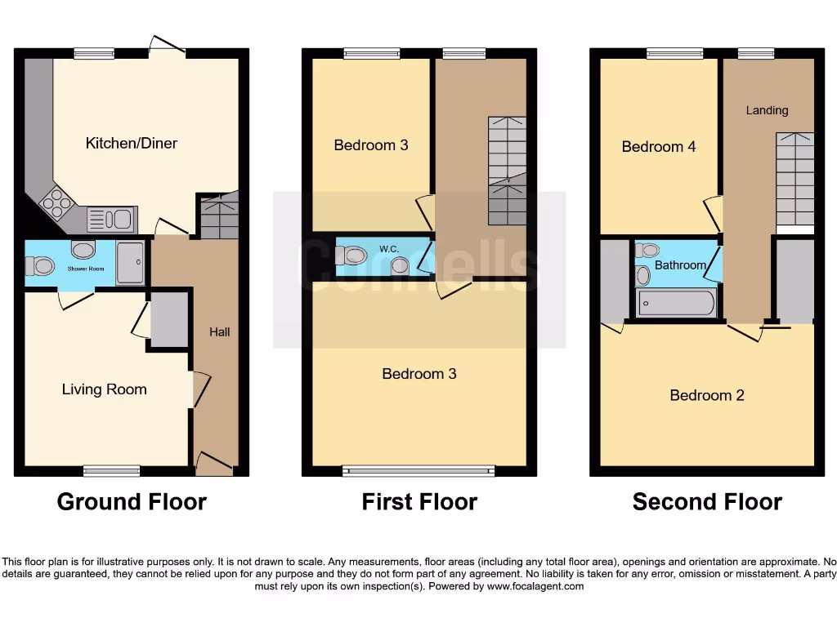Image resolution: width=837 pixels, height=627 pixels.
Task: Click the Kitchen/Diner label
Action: tap(131, 144)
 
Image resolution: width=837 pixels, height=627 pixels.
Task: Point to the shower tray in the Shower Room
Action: tap(130, 262)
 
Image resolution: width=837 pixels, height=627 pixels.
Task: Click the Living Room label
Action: tap(105, 389)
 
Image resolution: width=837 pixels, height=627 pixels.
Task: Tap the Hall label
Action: tap(219, 331)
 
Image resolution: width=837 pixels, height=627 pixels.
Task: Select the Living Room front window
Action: tap(112, 470)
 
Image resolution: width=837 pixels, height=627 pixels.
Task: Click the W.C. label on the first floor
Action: tap(388, 248)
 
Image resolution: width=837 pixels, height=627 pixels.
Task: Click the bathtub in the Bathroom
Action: tap(675, 305)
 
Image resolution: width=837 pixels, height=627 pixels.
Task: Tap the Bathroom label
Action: tap(680, 265)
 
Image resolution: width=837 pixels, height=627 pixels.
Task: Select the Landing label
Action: tap(767, 110)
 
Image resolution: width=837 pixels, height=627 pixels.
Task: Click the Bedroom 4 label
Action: tap(659, 147)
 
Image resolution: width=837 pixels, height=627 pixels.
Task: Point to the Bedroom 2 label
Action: tap(707, 396)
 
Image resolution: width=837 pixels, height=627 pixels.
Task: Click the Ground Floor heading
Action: tap(132, 501)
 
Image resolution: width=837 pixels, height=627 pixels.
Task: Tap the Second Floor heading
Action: tap(707, 501)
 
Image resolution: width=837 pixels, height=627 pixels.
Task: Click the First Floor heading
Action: tap(419, 501)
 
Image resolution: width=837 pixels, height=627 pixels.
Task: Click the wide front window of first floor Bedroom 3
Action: tap(418, 470)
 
